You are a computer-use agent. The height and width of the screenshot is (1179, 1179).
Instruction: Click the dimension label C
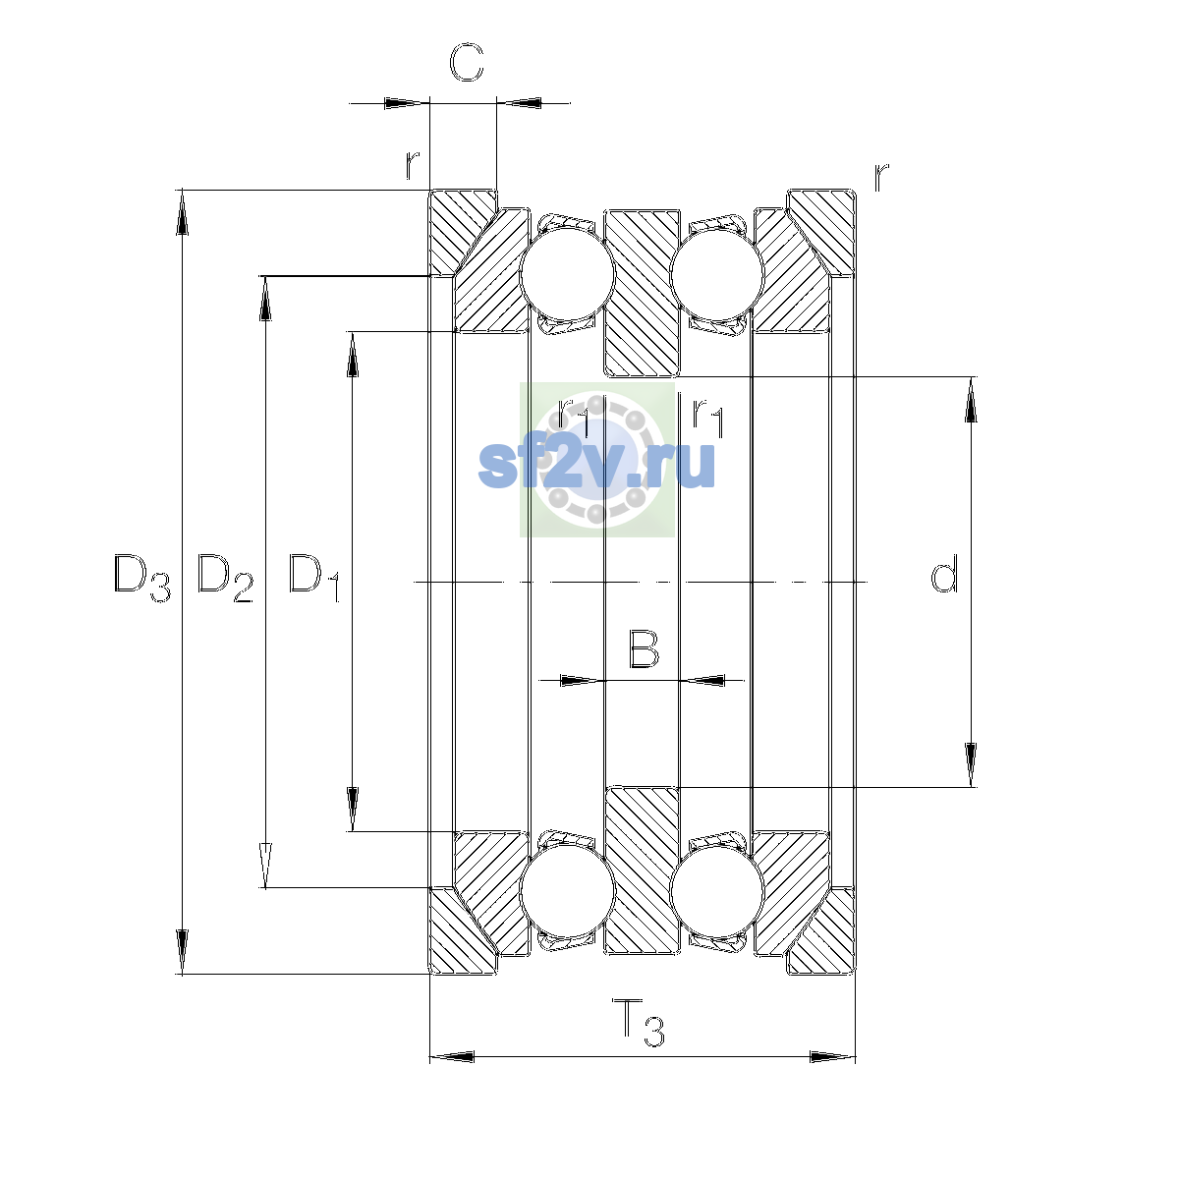click(467, 63)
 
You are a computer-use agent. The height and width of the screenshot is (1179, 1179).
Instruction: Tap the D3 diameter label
click(141, 577)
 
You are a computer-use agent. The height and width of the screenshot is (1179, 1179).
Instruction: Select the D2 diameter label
click(225, 577)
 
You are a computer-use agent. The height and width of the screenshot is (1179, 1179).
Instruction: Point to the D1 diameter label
click(313, 577)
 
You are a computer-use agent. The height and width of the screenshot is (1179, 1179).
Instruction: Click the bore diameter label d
click(943, 573)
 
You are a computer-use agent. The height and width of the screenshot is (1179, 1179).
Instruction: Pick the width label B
click(644, 648)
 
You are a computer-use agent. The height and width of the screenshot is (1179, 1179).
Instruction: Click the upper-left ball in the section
click(567, 275)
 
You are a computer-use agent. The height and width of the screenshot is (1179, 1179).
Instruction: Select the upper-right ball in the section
click(717, 273)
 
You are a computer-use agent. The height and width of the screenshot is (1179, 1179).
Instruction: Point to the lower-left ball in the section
click(567, 891)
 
